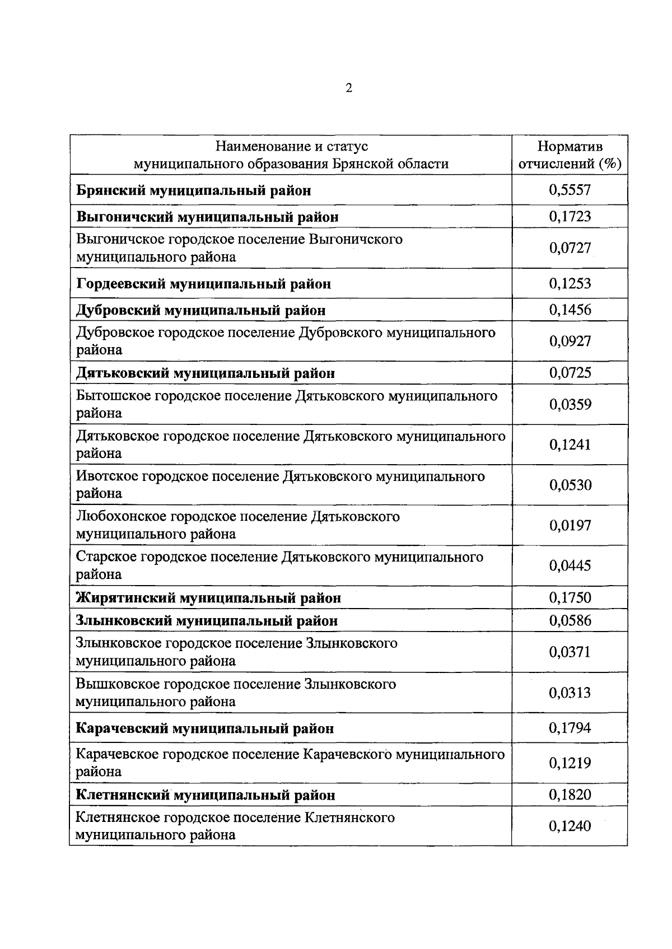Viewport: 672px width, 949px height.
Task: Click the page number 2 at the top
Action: [x=348, y=88]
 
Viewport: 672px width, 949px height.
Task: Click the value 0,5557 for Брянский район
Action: [x=570, y=190]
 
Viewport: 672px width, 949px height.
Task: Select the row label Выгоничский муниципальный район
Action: [x=207, y=217]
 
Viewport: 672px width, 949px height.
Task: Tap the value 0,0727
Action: [x=570, y=247]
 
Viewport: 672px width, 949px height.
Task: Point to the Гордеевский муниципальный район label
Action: [x=203, y=284]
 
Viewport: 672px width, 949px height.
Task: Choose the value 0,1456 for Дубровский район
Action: [x=570, y=310]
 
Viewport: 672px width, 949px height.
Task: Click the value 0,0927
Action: [x=570, y=340]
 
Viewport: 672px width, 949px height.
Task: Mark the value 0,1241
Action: [x=570, y=445]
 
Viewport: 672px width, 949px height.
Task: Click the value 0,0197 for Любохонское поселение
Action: [x=570, y=525]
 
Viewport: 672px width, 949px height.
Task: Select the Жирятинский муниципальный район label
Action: [x=208, y=598]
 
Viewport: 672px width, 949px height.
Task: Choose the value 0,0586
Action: [x=570, y=620]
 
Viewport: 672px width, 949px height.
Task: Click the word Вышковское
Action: [x=115, y=684]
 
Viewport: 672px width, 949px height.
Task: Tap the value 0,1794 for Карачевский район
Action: [x=570, y=728]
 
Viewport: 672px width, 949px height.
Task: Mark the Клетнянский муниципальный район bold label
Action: [x=206, y=795]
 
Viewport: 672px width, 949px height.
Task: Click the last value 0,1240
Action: [x=570, y=826]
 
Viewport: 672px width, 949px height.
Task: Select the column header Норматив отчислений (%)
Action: [x=570, y=155]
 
